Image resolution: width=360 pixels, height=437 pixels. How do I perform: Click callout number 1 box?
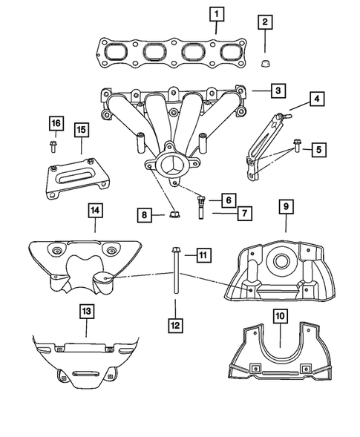(x=216, y=13)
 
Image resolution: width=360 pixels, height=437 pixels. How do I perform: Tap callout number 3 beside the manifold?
(x=275, y=91)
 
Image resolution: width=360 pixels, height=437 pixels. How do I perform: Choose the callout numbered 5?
(x=318, y=149)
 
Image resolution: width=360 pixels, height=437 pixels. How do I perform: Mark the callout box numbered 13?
(x=87, y=312)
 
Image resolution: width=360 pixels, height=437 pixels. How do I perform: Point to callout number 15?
(x=81, y=130)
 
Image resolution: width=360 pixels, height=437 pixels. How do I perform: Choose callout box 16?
(x=56, y=122)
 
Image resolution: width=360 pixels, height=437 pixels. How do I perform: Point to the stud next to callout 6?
(x=202, y=203)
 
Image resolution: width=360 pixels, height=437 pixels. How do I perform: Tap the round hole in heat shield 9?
(x=282, y=261)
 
